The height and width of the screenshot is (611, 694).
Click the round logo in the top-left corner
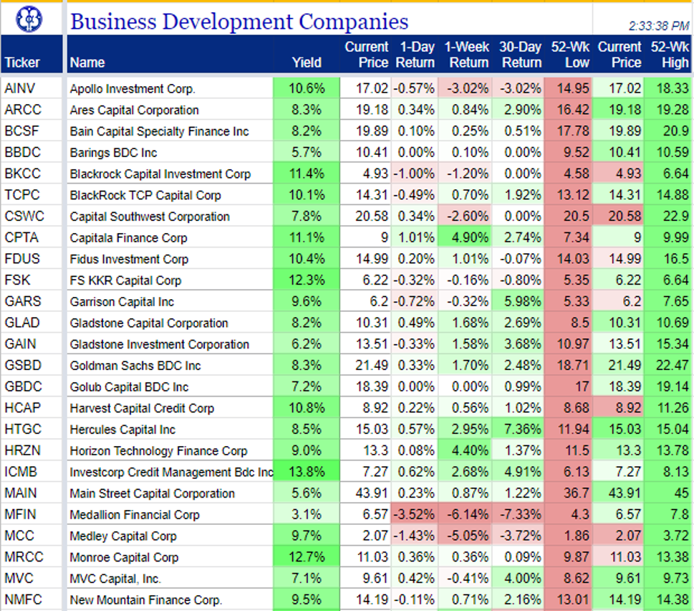[29, 19]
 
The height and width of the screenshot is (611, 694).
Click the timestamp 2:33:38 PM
[659, 26]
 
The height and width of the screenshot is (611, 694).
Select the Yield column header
[307, 62]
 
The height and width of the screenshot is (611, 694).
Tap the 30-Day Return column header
[521, 55]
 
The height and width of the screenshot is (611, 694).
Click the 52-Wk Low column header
[570, 55]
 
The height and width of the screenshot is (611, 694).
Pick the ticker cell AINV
[20, 89]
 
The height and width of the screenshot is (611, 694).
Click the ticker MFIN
[20, 514]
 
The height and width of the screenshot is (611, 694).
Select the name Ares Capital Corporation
[134, 110]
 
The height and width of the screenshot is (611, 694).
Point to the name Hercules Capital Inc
[122, 430]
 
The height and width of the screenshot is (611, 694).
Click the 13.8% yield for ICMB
[307, 472]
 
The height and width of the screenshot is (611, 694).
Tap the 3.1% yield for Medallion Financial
[307, 514]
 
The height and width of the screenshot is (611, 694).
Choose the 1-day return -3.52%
[415, 514]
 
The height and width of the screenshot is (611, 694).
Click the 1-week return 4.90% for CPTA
[470, 237]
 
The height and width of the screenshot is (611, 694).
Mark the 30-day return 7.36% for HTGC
[522, 430]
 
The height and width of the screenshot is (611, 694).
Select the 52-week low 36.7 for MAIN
[577, 493]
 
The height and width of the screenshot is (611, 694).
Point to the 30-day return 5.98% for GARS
[522, 301]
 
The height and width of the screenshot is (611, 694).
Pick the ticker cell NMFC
[23, 600]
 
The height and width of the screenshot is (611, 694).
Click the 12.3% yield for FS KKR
[307, 280]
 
